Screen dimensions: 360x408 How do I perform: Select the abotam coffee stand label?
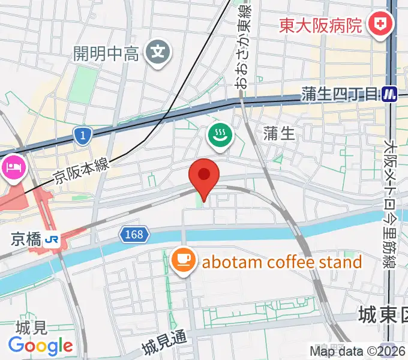(x=282, y=262)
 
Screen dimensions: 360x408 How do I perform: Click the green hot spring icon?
(x=220, y=135)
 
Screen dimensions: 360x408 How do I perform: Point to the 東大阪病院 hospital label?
(x=321, y=25)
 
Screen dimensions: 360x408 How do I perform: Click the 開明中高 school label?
(x=106, y=53)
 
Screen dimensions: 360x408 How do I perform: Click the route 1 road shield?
(x=82, y=136)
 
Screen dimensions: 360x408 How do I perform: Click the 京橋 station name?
(x=26, y=240)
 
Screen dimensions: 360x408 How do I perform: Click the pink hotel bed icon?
(x=14, y=166)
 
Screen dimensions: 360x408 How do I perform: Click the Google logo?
(x=41, y=346)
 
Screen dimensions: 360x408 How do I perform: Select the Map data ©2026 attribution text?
(x=358, y=352)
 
